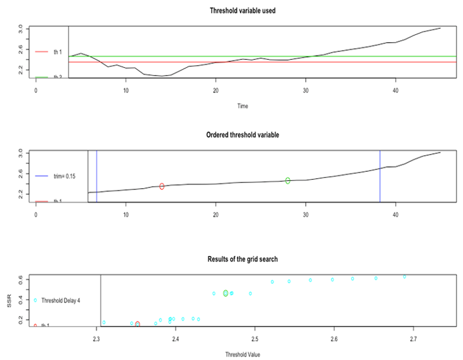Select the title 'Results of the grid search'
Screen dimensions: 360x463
click(x=243, y=259)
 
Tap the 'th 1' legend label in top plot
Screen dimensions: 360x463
click(x=57, y=51)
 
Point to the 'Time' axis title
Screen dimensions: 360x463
click(x=243, y=105)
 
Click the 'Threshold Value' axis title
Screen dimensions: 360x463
click(x=243, y=354)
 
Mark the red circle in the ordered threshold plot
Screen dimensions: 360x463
click(x=162, y=187)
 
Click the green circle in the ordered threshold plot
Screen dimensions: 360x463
click(x=288, y=180)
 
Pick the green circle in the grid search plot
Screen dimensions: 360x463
click(x=226, y=293)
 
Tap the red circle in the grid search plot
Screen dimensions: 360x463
click(x=137, y=324)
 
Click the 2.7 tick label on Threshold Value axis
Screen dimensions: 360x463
click(x=413, y=340)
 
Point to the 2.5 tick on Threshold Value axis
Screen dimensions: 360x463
click(x=255, y=340)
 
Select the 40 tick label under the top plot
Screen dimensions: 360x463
click(x=395, y=90)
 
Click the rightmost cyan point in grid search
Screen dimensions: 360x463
click(x=404, y=277)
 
